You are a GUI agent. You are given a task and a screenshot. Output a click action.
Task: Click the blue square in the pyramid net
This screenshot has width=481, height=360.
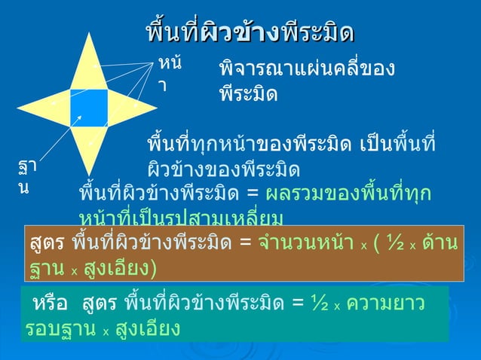click(90, 108)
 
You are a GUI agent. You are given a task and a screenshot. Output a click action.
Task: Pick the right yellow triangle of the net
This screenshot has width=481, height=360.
click(127, 108)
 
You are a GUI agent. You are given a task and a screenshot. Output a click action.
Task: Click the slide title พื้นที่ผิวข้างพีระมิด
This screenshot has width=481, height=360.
click(250, 33)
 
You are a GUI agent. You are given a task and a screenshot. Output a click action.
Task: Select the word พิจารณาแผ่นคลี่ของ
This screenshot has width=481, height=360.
click(306, 70)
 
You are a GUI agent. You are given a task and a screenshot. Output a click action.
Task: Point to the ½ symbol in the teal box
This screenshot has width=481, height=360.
click(320, 304)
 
